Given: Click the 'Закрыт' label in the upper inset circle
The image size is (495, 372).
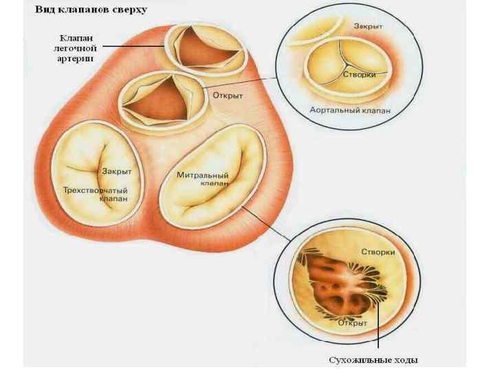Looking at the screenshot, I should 369,25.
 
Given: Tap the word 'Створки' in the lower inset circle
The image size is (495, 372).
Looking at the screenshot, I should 377,253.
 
